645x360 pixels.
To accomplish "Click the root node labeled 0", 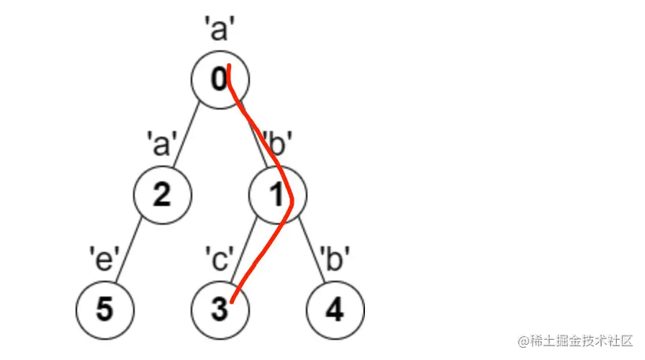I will tap(220, 80).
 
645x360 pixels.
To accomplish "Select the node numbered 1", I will tap(278, 195).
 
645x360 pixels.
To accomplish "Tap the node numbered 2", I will tap(163, 195).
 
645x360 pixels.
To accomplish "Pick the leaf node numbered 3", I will tap(220, 310).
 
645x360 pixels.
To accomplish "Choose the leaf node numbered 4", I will tap(335, 310).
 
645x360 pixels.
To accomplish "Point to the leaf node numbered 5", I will tap(105, 310).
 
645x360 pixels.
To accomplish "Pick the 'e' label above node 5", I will tap(104, 257).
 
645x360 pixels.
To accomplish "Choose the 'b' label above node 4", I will tap(335, 257).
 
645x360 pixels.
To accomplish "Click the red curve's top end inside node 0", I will tap(228, 68).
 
